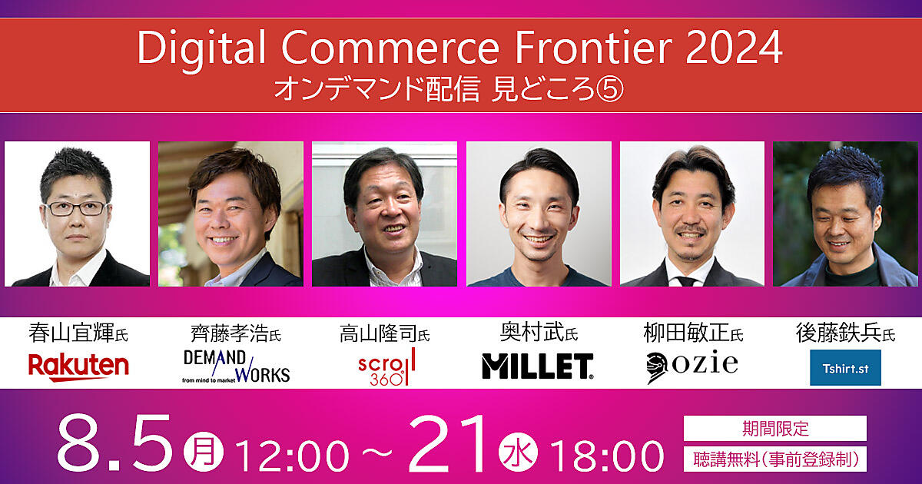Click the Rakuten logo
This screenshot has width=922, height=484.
click(x=78, y=367)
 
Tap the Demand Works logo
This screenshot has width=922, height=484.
click(x=237, y=366)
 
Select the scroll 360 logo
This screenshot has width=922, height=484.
click(x=386, y=366)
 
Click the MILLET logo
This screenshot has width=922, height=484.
click(x=538, y=366)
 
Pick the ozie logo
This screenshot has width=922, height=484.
click(x=692, y=366)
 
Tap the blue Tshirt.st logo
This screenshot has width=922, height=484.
click(x=845, y=367)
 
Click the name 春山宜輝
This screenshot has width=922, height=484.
click(x=71, y=333)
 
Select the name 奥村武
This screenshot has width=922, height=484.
click(x=532, y=332)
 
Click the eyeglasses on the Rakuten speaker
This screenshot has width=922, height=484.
click(x=77, y=208)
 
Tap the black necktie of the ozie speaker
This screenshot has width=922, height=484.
click(x=687, y=281)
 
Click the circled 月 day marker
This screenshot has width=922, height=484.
click(x=204, y=452)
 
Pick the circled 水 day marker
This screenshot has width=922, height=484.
click(x=518, y=452)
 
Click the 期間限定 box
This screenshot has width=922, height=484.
click(x=775, y=428)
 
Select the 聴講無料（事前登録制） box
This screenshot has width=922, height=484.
click(x=775, y=459)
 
